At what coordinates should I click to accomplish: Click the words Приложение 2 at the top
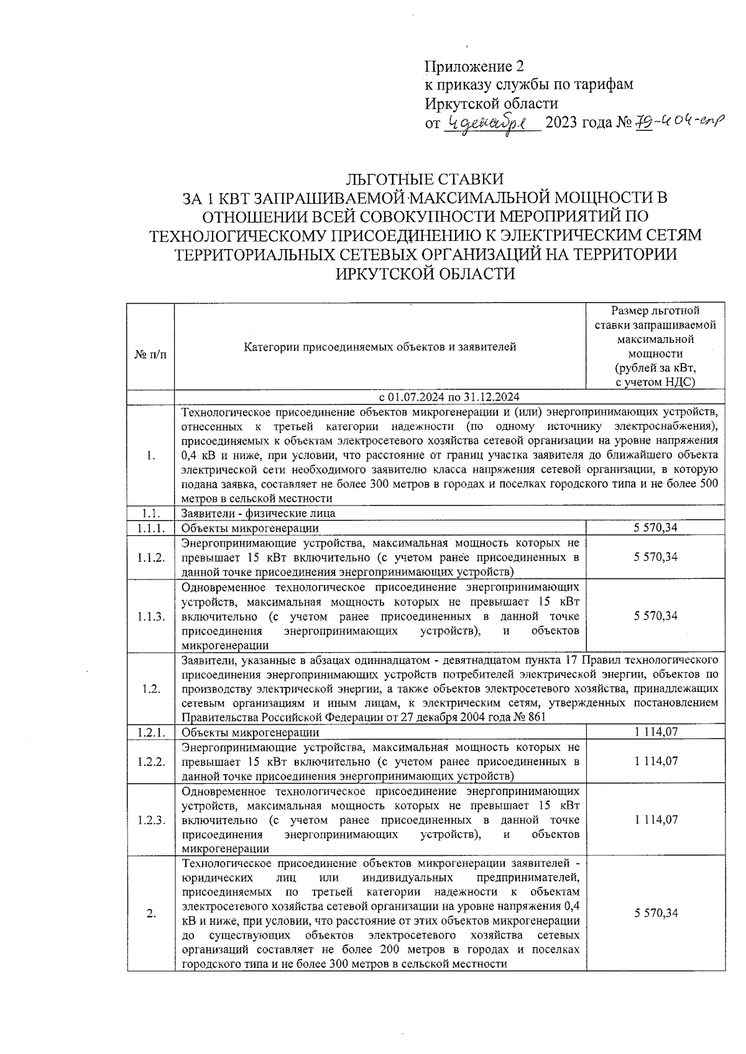click(474, 66)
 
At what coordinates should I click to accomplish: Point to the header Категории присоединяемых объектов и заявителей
click(379, 347)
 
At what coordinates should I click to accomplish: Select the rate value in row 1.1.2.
click(656, 557)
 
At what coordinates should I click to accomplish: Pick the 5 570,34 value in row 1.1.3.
click(656, 616)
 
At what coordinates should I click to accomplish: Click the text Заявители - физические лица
click(258, 513)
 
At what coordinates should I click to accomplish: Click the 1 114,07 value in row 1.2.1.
click(656, 732)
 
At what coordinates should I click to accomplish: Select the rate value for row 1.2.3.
click(656, 819)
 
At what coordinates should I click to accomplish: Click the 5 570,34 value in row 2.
click(656, 913)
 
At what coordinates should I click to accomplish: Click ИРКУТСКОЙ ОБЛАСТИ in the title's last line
click(425, 273)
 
